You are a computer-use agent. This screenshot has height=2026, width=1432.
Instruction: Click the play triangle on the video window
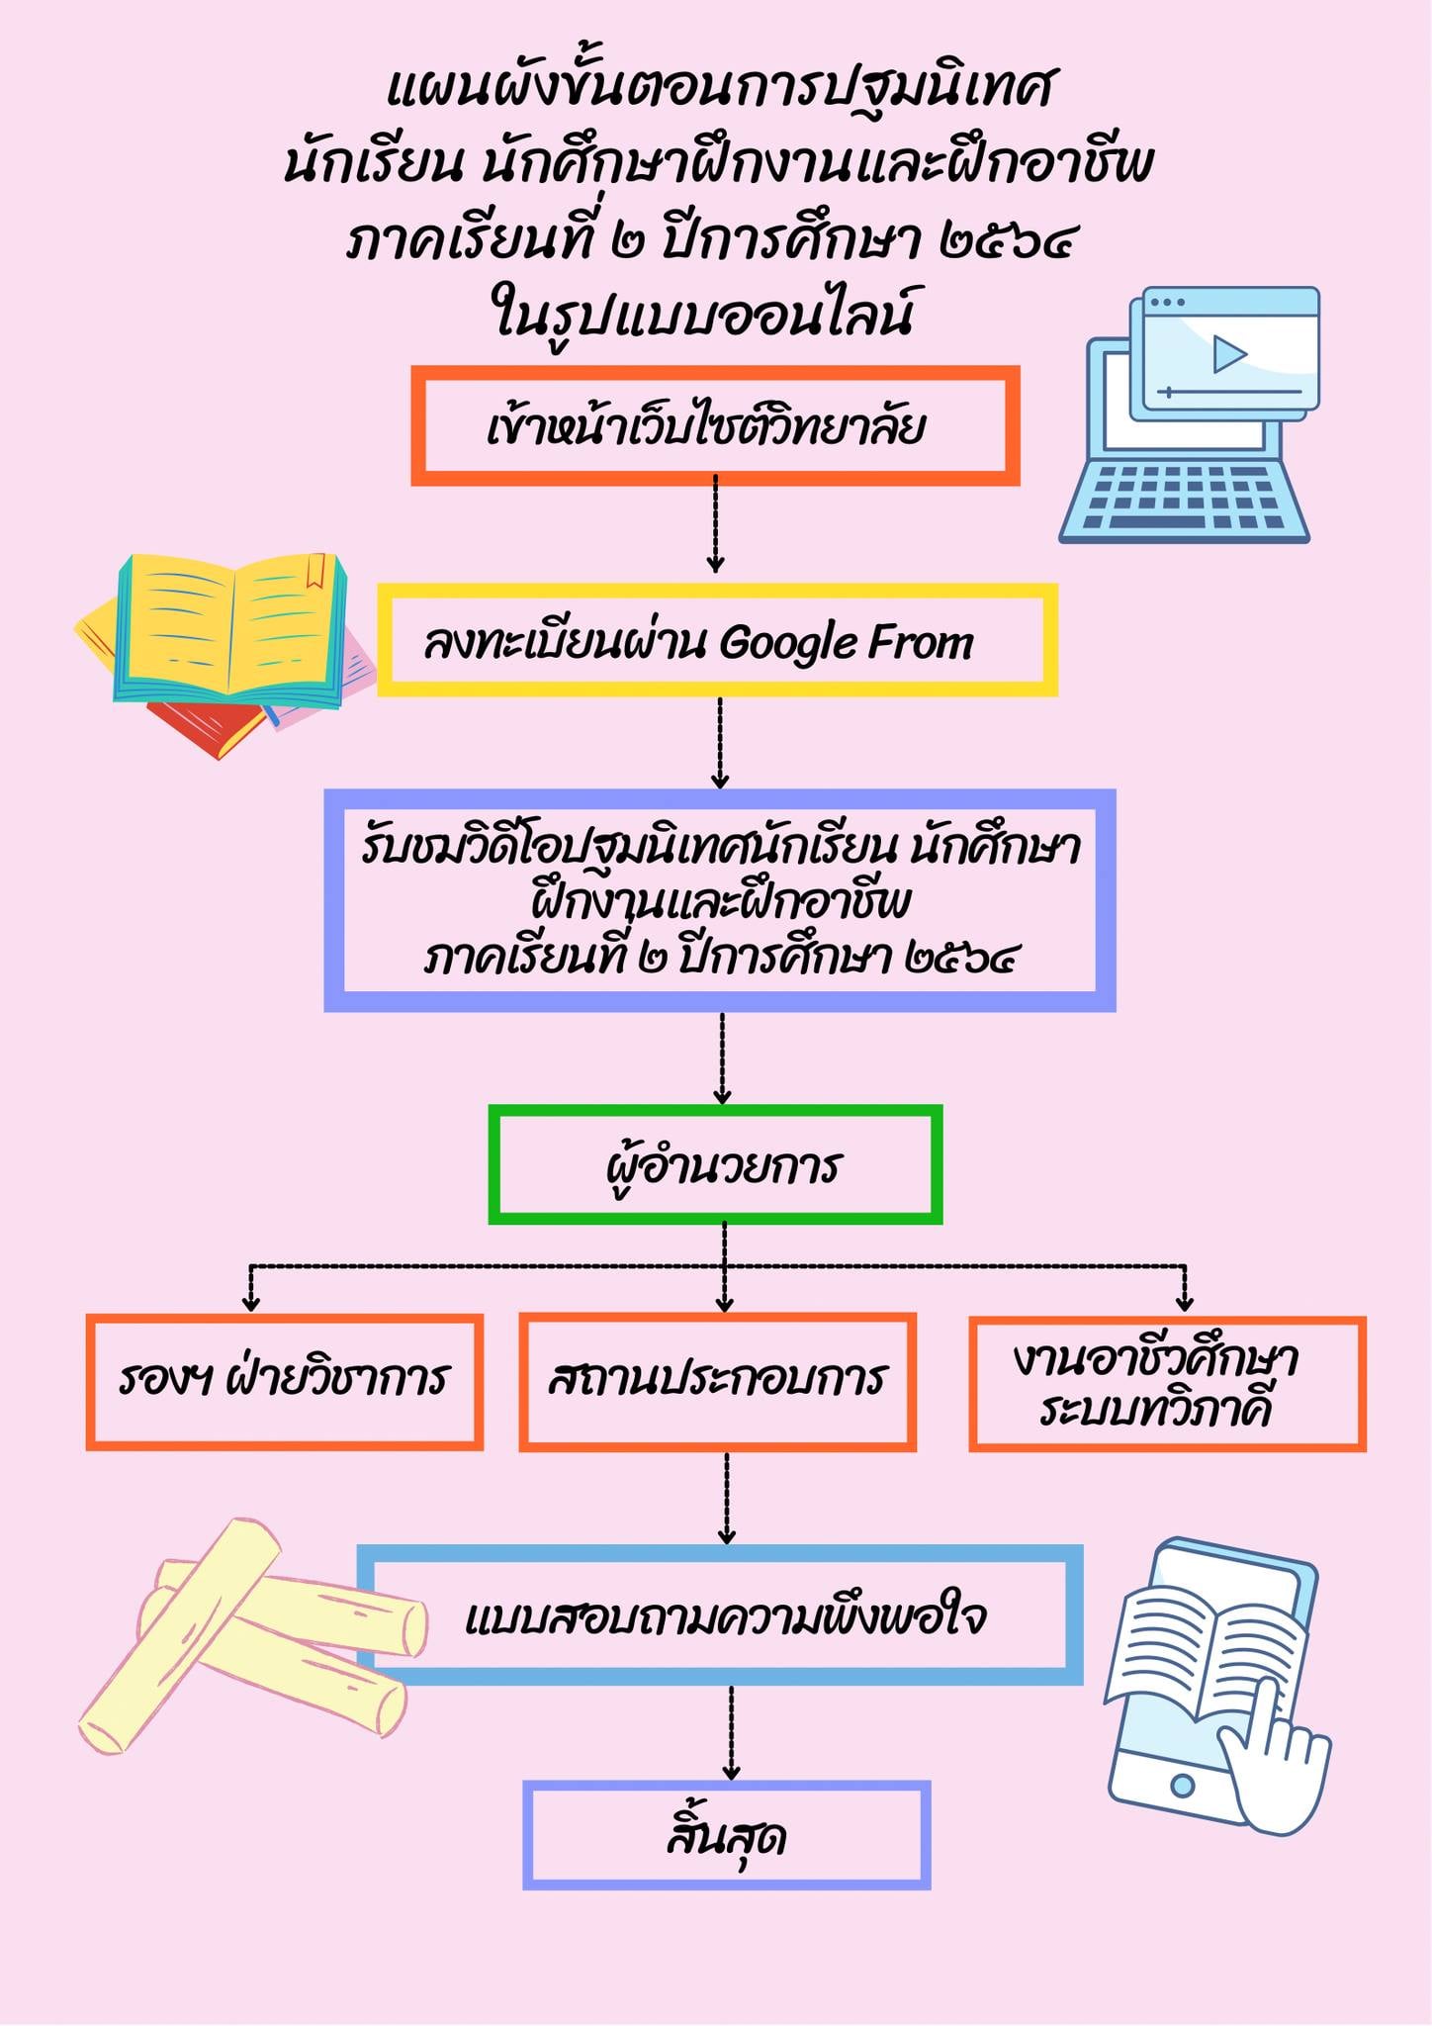(x=1228, y=353)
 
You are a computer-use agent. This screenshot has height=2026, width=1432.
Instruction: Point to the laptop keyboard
(x=1184, y=494)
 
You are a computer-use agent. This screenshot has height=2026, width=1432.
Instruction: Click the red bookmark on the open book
(x=316, y=571)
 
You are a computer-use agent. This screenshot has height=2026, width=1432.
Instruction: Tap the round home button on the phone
(x=1181, y=1786)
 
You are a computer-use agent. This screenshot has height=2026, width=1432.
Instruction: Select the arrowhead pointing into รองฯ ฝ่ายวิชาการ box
(x=250, y=1304)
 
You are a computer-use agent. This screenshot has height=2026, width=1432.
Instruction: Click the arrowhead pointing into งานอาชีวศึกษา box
(x=1185, y=1304)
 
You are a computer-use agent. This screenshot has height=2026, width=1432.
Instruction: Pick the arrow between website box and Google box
(x=715, y=524)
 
